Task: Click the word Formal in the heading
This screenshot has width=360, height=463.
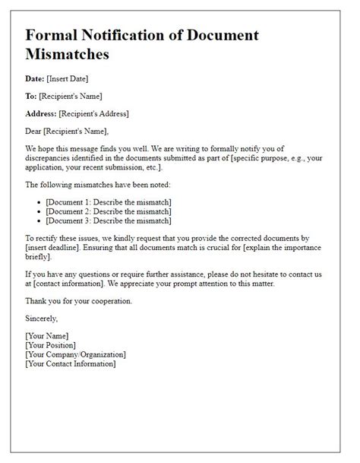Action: (x=53, y=35)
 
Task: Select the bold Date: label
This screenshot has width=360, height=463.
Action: (x=36, y=78)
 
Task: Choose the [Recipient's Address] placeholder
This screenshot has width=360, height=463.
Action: (x=96, y=114)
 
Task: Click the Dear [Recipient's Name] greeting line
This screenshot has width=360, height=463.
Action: (x=72, y=132)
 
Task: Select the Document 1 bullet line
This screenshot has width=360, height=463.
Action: (x=109, y=201)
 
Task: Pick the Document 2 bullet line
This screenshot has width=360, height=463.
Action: (x=109, y=211)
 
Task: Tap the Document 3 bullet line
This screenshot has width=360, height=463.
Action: (x=109, y=221)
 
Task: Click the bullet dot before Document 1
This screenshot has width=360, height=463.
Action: (x=39, y=202)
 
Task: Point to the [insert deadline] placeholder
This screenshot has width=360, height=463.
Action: (x=52, y=249)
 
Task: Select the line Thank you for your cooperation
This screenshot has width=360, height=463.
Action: (x=78, y=300)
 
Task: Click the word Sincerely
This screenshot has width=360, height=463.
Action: (x=42, y=319)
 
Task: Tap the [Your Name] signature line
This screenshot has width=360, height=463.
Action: (x=47, y=336)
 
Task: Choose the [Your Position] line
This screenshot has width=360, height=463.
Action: (x=52, y=345)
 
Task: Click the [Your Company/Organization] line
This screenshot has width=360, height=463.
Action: (x=75, y=354)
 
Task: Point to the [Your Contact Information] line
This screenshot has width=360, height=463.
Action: (x=71, y=363)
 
